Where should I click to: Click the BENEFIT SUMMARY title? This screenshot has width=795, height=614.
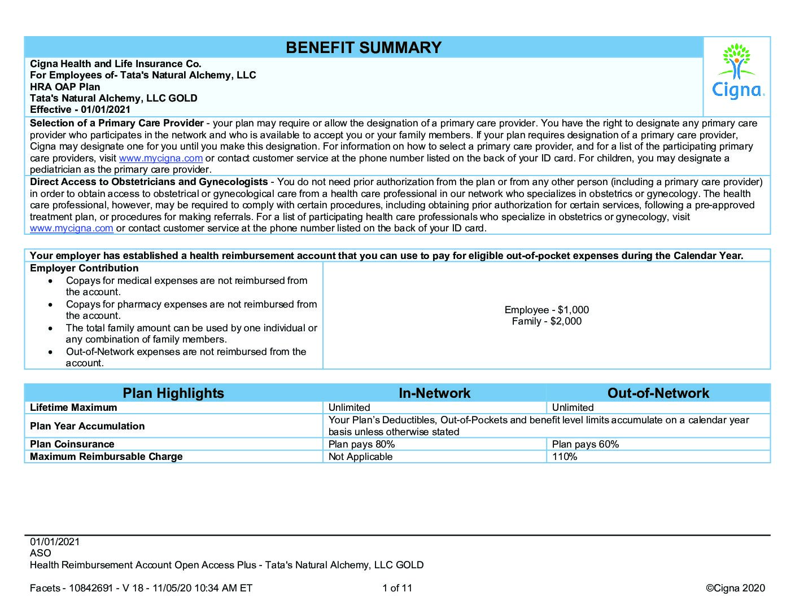tap(363, 47)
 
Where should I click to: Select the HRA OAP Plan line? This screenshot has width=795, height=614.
tap(65, 87)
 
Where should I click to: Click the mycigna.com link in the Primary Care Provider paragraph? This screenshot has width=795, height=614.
tap(160, 159)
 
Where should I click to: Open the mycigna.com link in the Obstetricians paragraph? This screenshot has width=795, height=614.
tap(72, 229)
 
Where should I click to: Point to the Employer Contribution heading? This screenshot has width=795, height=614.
tap(84, 269)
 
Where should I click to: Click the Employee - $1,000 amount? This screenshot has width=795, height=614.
tap(547, 310)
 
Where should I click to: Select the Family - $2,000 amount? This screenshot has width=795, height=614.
tap(547, 321)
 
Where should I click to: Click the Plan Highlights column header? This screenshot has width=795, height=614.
tap(173, 393)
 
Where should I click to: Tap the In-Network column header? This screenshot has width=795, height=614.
tap(434, 393)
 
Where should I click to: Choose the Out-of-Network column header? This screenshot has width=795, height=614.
tap(658, 393)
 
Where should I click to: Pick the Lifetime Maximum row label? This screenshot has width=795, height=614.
tap(73, 407)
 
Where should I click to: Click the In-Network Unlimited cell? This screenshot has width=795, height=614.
tap(349, 407)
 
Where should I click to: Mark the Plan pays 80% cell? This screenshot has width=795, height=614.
tap(361, 444)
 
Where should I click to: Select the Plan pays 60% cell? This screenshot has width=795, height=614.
tap(585, 444)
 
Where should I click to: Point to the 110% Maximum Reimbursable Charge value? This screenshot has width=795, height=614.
tap(565, 457)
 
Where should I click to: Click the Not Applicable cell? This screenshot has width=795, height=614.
tap(360, 457)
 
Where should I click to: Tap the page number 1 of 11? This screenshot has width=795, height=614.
tap(397, 588)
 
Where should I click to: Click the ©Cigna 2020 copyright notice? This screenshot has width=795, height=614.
tap(735, 588)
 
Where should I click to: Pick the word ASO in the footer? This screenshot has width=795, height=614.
tap(40, 553)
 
